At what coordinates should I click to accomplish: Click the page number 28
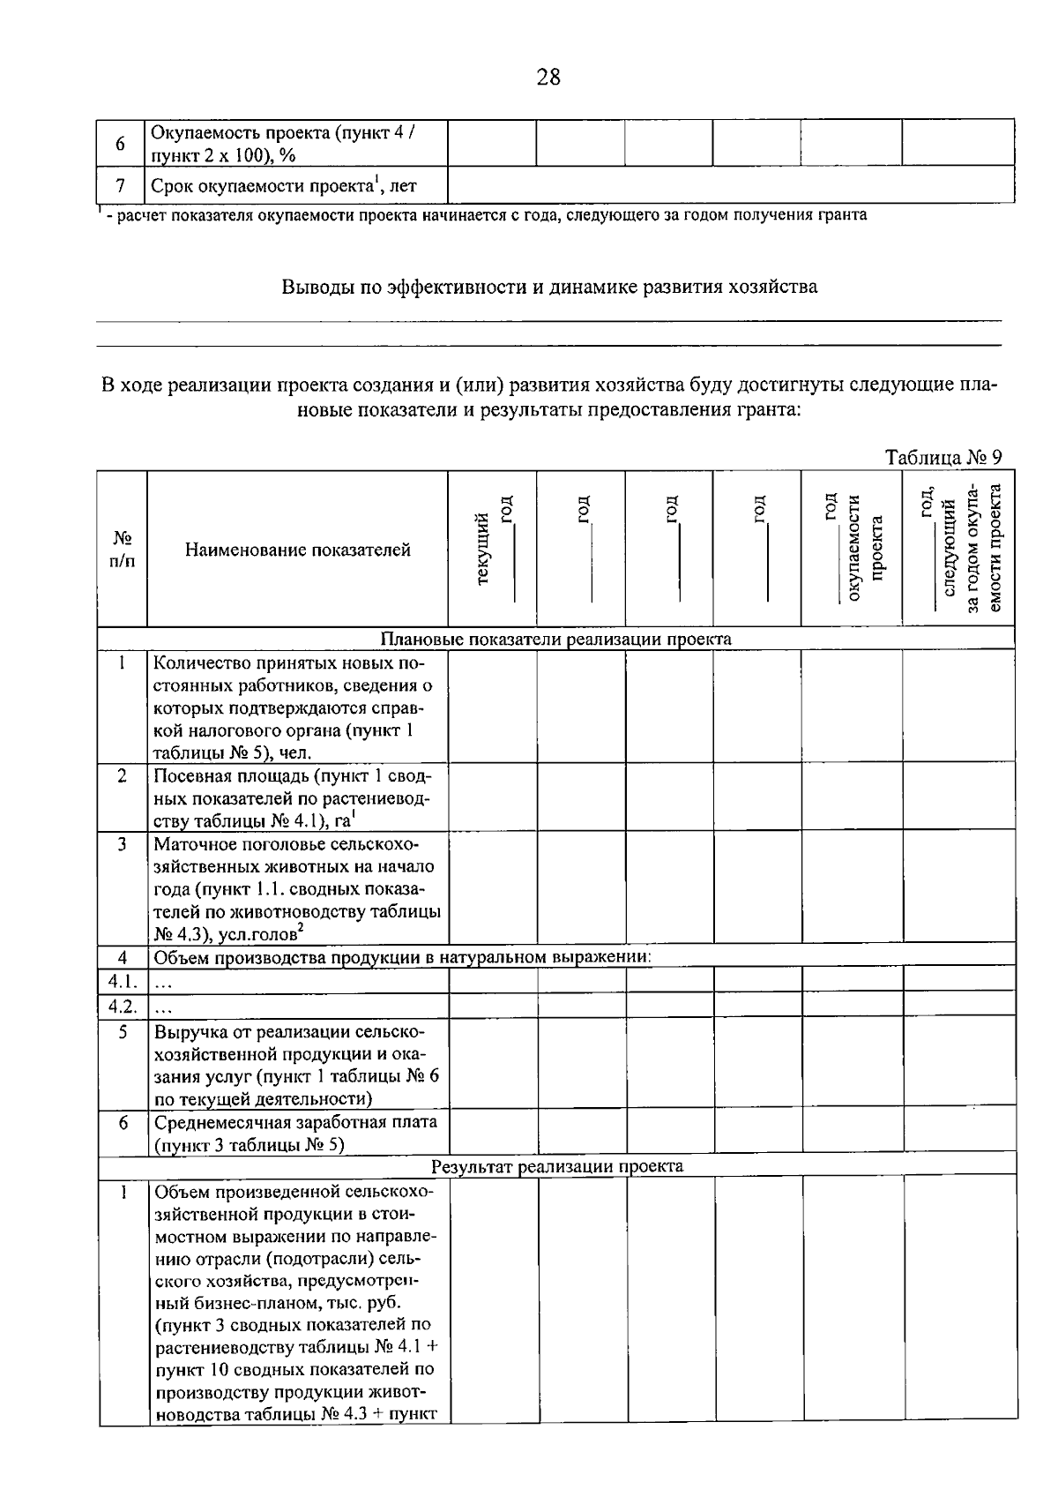tap(548, 78)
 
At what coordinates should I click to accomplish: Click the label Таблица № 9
tap(943, 458)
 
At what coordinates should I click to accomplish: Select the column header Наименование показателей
tap(298, 550)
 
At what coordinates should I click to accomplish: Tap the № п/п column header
tap(122, 550)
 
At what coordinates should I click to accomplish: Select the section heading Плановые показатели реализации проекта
tap(555, 639)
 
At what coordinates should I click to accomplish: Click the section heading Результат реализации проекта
tap(556, 1166)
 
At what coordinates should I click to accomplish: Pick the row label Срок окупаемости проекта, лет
tap(283, 186)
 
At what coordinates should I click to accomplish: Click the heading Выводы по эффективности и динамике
tap(548, 287)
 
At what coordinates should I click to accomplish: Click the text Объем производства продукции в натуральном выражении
tap(403, 957)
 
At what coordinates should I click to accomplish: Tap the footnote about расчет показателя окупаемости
tap(485, 215)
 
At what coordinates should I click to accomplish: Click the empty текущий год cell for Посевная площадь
tap(493, 798)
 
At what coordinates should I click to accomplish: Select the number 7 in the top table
tap(121, 186)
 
